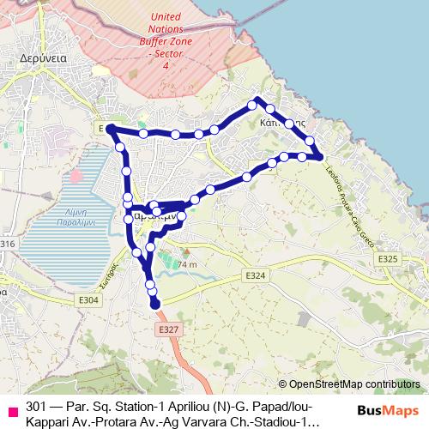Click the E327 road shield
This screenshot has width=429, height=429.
167,329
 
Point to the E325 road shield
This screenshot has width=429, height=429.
388,258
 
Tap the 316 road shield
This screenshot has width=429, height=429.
8,245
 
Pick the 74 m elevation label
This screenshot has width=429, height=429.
187,265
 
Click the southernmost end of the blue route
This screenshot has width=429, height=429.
155,303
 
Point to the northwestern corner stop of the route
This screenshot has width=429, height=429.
111,129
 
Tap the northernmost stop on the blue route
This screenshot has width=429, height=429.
253,104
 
